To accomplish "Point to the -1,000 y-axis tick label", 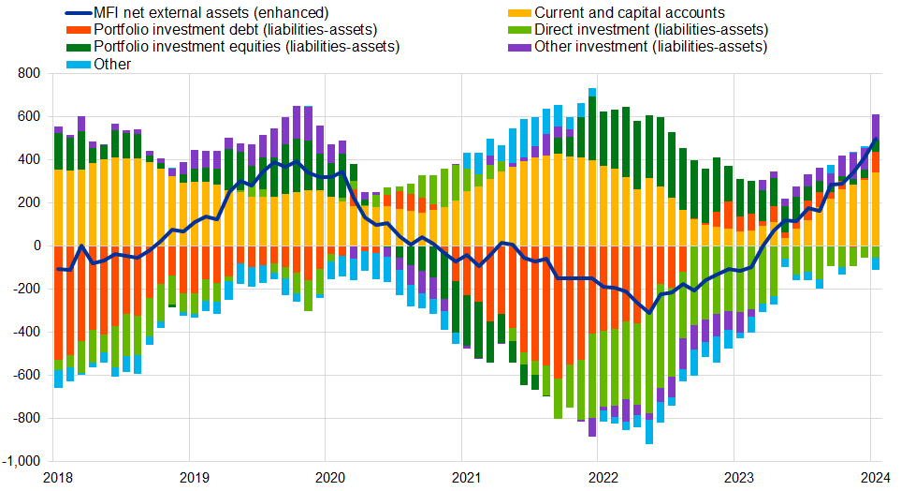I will (x=22, y=462).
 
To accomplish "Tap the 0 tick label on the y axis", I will (x=36, y=245).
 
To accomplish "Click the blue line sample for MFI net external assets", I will (x=80, y=13).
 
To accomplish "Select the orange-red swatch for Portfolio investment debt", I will (x=80, y=30).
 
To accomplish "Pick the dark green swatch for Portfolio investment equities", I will (x=80, y=47).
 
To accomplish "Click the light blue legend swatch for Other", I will (x=80, y=64).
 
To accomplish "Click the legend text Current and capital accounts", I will (x=630, y=13).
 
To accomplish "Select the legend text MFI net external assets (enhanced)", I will (x=211, y=13).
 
